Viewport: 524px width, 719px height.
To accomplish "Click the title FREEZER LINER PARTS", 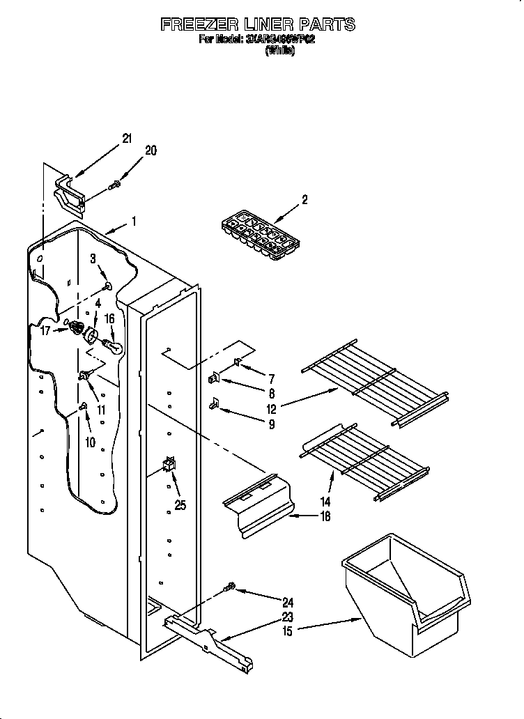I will click(x=258, y=25).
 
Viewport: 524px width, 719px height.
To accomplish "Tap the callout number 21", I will click(x=126, y=139).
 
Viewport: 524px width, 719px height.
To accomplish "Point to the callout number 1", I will click(x=134, y=222).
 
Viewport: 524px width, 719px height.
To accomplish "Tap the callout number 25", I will click(x=180, y=505).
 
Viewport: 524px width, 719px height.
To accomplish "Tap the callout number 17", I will click(x=45, y=332).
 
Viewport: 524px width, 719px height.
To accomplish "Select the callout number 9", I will click(x=271, y=424).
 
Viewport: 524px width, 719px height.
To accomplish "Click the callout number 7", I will click(x=271, y=379).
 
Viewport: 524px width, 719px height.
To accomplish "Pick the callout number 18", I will click(x=325, y=516).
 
